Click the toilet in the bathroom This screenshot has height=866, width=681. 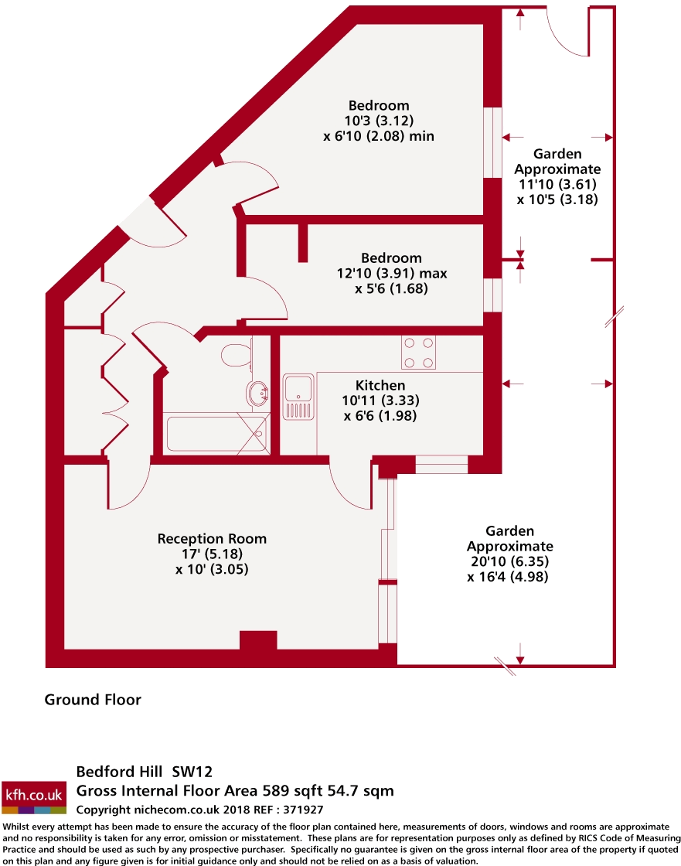pyautogui.click(x=235, y=355)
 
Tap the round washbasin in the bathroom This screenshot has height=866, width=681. pyautogui.click(x=257, y=394)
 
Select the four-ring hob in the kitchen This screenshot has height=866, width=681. pyautogui.click(x=418, y=352)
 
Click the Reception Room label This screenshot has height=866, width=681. pyautogui.click(x=212, y=538)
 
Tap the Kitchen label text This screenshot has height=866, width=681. pyautogui.click(x=380, y=385)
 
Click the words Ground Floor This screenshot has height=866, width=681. pyautogui.click(x=93, y=700)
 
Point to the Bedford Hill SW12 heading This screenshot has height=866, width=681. pyautogui.click(x=144, y=771)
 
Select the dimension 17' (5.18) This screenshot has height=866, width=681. pyautogui.click(x=212, y=554)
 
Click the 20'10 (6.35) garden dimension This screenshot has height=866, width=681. pyautogui.click(x=509, y=561)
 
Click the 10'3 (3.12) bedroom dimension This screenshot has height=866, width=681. pyautogui.click(x=378, y=121)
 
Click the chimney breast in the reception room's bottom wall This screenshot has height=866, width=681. pyautogui.click(x=258, y=640)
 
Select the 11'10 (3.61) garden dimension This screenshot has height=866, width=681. pyautogui.click(x=557, y=184)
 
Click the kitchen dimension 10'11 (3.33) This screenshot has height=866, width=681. pyautogui.click(x=380, y=401)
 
